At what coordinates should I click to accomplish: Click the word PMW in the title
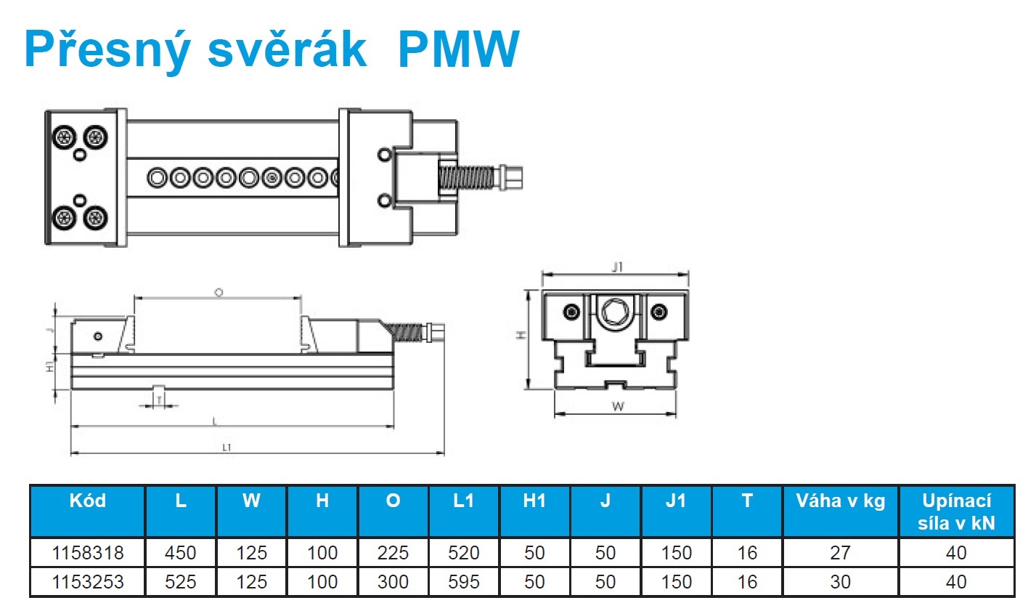click(x=459, y=49)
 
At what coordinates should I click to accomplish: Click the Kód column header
click(x=88, y=501)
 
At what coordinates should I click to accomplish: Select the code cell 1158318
click(x=88, y=553)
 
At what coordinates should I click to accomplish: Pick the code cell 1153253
click(x=88, y=582)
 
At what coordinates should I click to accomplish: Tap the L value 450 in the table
click(x=180, y=553)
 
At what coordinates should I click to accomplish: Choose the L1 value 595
click(x=463, y=582)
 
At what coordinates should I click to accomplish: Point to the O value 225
click(x=393, y=553)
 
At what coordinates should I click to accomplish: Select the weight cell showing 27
click(x=840, y=553)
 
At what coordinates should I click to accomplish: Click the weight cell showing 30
click(x=840, y=582)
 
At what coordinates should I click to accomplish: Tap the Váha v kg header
click(x=840, y=501)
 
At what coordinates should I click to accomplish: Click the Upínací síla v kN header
click(x=956, y=511)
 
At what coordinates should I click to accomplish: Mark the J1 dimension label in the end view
click(x=617, y=267)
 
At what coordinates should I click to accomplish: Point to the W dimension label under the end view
click(x=618, y=407)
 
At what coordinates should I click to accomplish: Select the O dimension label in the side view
click(x=219, y=292)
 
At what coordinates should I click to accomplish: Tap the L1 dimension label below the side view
click(x=227, y=448)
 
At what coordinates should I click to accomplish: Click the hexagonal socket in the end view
click(x=616, y=312)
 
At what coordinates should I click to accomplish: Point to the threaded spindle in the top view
click(x=468, y=178)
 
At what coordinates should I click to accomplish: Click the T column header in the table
click(x=747, y=501)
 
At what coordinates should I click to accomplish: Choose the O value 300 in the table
click(x=393, y=582)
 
